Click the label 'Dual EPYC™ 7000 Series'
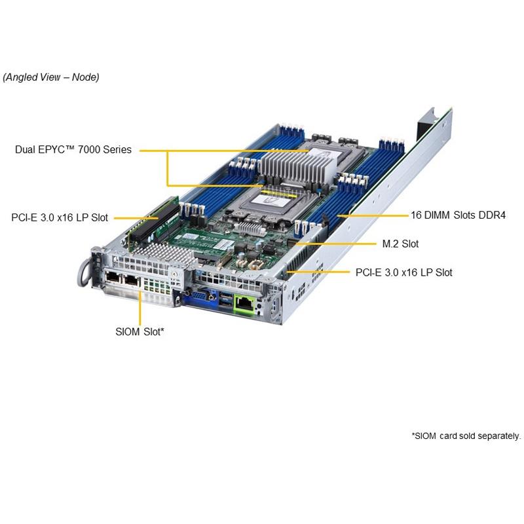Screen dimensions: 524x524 73,150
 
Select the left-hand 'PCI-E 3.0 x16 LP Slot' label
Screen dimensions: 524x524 60,217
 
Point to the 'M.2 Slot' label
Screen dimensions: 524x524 400,244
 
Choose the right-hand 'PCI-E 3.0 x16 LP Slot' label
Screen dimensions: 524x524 403,272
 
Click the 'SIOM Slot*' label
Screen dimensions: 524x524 140,332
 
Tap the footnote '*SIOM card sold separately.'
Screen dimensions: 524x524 466,436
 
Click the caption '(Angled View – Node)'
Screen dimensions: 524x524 51,77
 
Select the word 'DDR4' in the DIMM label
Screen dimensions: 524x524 492,215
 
